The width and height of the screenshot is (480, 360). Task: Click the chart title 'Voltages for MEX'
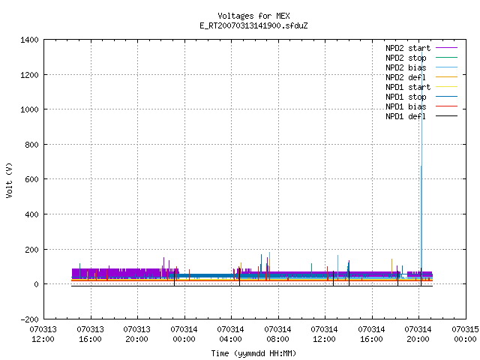click(253, 16)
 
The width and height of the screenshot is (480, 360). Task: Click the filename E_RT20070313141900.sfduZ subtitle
click(253, 25)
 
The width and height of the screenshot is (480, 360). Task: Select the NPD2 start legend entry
click(421, 48)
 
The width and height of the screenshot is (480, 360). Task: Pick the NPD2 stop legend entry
click(421, 58)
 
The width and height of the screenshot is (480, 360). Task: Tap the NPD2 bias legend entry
click(421, 67)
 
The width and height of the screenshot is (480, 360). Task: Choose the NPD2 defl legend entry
click(421, 77)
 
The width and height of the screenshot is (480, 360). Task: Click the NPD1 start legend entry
click(421, 87)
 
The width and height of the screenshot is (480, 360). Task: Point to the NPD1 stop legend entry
click(421, 97)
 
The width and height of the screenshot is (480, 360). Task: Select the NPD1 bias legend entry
click(421, 106)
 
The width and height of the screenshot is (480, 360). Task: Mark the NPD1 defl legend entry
click(421, 116)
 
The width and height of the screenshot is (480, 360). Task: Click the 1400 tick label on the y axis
click(29, 40)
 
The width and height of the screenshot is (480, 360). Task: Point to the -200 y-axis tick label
click(29, 319)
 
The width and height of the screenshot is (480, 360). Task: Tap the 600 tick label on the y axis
click(31, 179)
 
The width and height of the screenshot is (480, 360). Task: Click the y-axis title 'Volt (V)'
click(9, 180)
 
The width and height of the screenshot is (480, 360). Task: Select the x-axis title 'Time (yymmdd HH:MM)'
click(253, 353)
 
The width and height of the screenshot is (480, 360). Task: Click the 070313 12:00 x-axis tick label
click(43, 334)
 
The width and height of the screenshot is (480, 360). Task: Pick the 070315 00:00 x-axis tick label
click(465, 334)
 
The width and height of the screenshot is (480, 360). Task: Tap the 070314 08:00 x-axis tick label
click(277, 334)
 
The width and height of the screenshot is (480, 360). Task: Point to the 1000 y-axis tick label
click(29, 109)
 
